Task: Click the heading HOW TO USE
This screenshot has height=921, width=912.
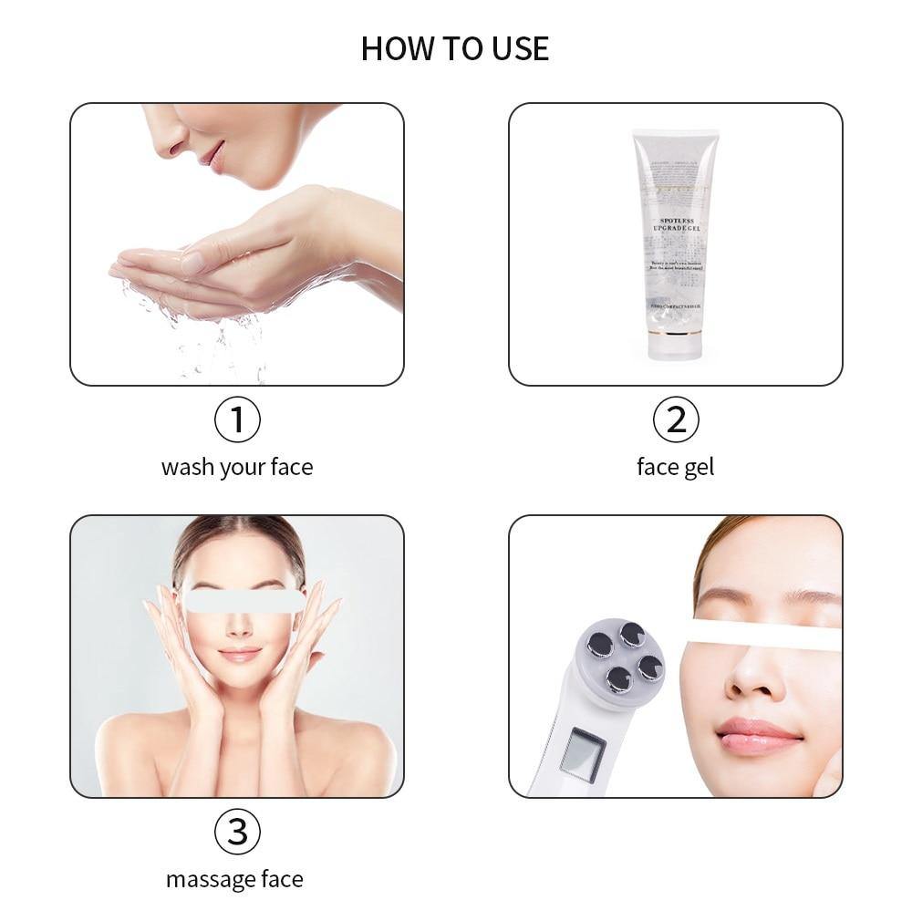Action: click(x=455, y=48)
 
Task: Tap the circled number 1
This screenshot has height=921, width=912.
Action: click(x=237, y=419)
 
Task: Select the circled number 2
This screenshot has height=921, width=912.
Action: click(x=676, y=419)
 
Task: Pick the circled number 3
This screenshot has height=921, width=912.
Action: click(x=237, y=832)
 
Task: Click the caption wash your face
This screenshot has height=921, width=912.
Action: click(x=237, y=467)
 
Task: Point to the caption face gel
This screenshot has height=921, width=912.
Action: click(x=675, y=467)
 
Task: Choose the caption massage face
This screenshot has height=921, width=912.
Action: click(x=235, y=879)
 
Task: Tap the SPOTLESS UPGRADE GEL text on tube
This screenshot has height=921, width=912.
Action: click(x=676, y=225)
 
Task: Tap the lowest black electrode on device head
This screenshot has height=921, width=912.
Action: click(x=617, y=678)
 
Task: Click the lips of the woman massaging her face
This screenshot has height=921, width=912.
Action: click(x=240, y=654)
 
